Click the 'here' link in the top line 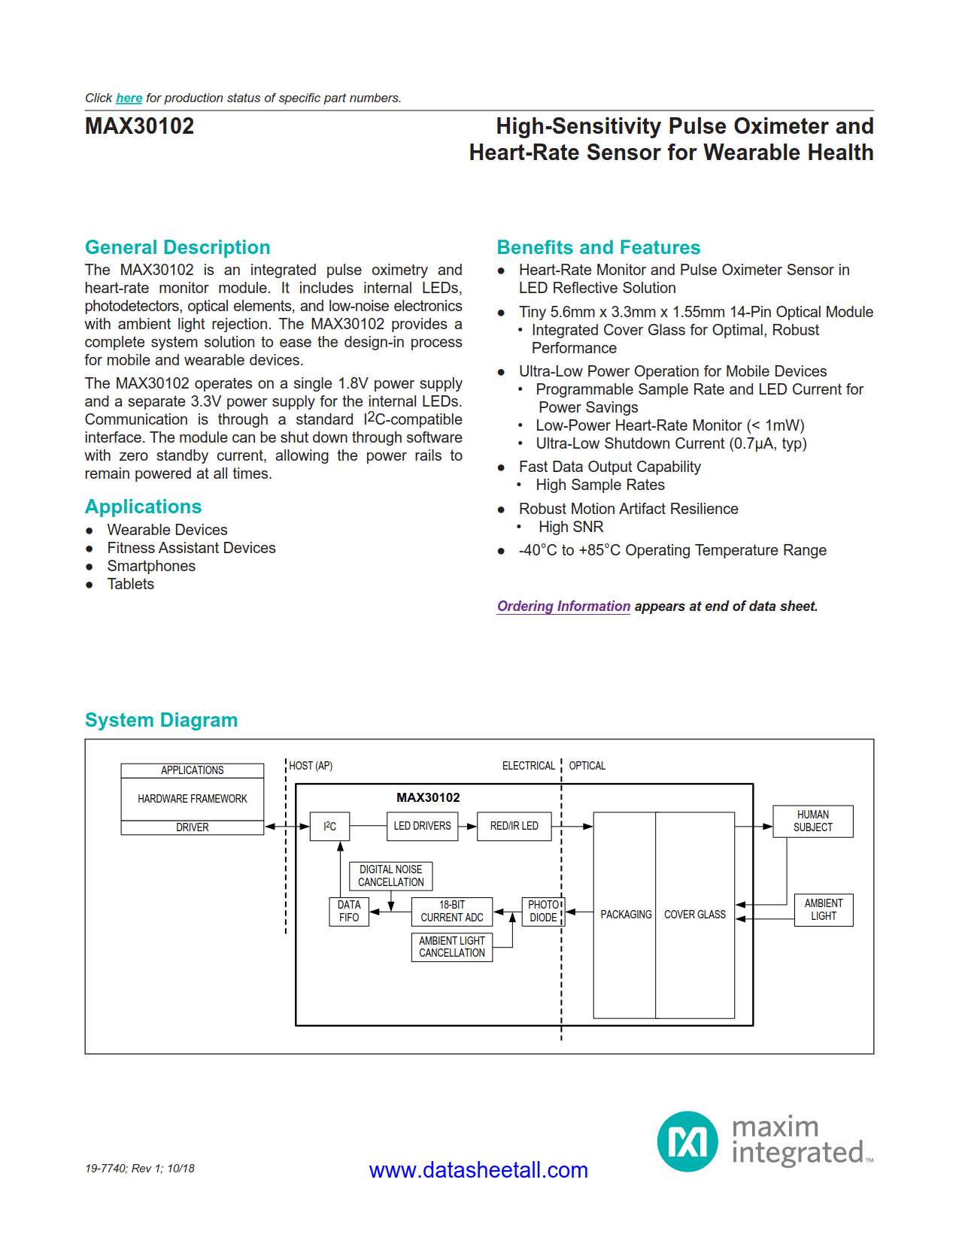pyautogui.click(x=129, y=98)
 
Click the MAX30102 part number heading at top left pyautogui.click(x=139, y=126)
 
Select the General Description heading pyautogui.click(x=177, y=247)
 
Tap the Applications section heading pyautogui.click(x=143, y=507)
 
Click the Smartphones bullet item pyautogui.click(x=151, y=566)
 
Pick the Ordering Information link pyautogui.click(x=563, y=606)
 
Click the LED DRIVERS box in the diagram pyautogui.click(x=422, y=826)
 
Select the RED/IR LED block pyautogui.click(x=514, y=826)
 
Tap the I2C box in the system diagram pyautogui.click(x=329, y=826)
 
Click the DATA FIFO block pyautogui.click(x=349, y=911)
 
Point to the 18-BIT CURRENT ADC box pyautogui.click(x=451, y=911)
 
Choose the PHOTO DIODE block pyautogui.click(x=542, y=911)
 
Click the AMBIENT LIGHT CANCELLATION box pyautogui.click(x=451, y=947)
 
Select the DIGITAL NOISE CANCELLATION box pyautogui.click(x=390, y=876)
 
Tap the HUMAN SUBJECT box pyautogui.click(x=812, y=821)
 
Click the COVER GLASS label pyautogui.click(x=695, y=915)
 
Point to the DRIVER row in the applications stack pyautogui.click(x=192, y=827)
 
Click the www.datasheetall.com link pyautogui.click(x=478, y=1170)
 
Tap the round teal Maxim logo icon pyautogui.click(x=687, y=1142)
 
